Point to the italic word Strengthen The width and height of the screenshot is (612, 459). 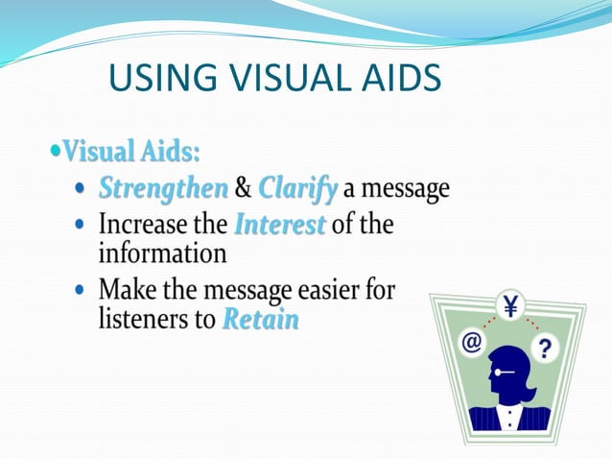point(163,188)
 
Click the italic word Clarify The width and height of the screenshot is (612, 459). point(297,188)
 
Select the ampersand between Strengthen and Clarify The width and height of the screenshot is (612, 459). point(243,188)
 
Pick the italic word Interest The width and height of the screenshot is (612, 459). point(280,226)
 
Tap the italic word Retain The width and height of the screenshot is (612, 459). point(260,319)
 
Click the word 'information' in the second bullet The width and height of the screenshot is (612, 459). point(162,254)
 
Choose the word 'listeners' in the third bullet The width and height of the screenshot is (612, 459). point(140,319)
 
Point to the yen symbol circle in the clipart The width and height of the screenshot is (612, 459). point(508,307)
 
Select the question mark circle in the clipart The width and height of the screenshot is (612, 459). point(546,347)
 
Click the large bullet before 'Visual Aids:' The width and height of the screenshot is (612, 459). point(55,152)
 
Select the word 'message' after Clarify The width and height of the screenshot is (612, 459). point(406,188)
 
